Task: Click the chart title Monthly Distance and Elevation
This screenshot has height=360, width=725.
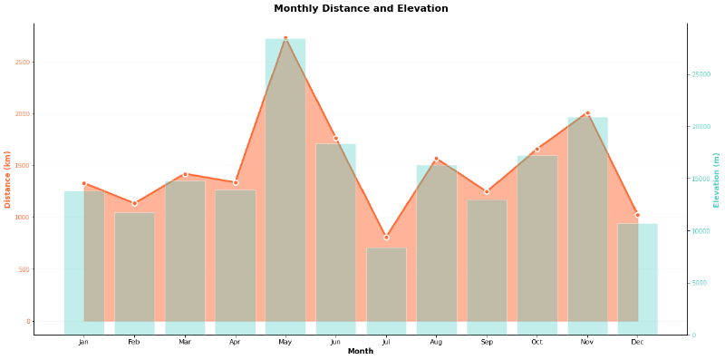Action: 361,9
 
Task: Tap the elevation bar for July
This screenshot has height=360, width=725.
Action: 386,290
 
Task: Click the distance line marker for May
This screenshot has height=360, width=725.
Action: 285,38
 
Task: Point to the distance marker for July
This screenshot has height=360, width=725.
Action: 386,238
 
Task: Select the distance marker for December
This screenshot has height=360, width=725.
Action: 637,215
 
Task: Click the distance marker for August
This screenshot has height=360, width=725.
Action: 436,159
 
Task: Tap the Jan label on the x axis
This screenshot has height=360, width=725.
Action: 83,342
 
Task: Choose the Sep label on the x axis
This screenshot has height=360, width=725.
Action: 487,342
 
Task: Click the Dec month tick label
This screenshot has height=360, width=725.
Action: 637,342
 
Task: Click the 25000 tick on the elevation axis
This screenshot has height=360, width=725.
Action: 701,74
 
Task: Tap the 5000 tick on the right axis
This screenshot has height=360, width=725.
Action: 700,283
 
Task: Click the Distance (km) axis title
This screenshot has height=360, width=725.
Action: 8,179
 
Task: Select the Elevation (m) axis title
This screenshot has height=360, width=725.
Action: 717,180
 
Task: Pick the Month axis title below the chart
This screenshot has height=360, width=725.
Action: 361,352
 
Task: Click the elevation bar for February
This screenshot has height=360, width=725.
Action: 134,272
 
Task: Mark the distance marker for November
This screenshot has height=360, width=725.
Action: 587,113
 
